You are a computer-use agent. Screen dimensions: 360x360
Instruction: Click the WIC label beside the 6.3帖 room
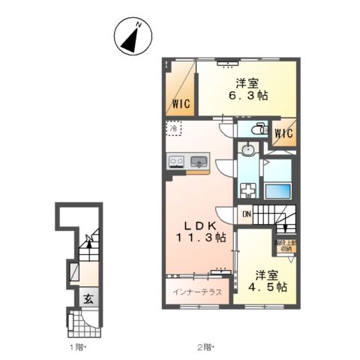[x=181, y=105]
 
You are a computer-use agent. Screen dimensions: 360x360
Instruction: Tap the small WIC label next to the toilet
[x=283, y=134]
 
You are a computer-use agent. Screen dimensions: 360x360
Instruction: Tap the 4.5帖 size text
[x=268, y=286]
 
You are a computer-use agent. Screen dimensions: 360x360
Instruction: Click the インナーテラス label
[x=196, y=292]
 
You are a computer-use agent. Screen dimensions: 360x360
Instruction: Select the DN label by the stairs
[x=247, y=214]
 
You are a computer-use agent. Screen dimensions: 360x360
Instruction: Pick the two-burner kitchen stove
[x=177, y=160]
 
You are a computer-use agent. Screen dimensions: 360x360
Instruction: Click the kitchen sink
[x=199, y=160]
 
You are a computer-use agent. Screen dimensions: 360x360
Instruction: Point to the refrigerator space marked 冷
[x=175, y=129]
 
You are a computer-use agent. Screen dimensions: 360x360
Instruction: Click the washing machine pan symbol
[x=248, y=188]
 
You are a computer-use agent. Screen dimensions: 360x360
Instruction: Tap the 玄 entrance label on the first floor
[x=88, y=298]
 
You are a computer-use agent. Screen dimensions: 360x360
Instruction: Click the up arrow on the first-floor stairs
[x=89, y=241]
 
